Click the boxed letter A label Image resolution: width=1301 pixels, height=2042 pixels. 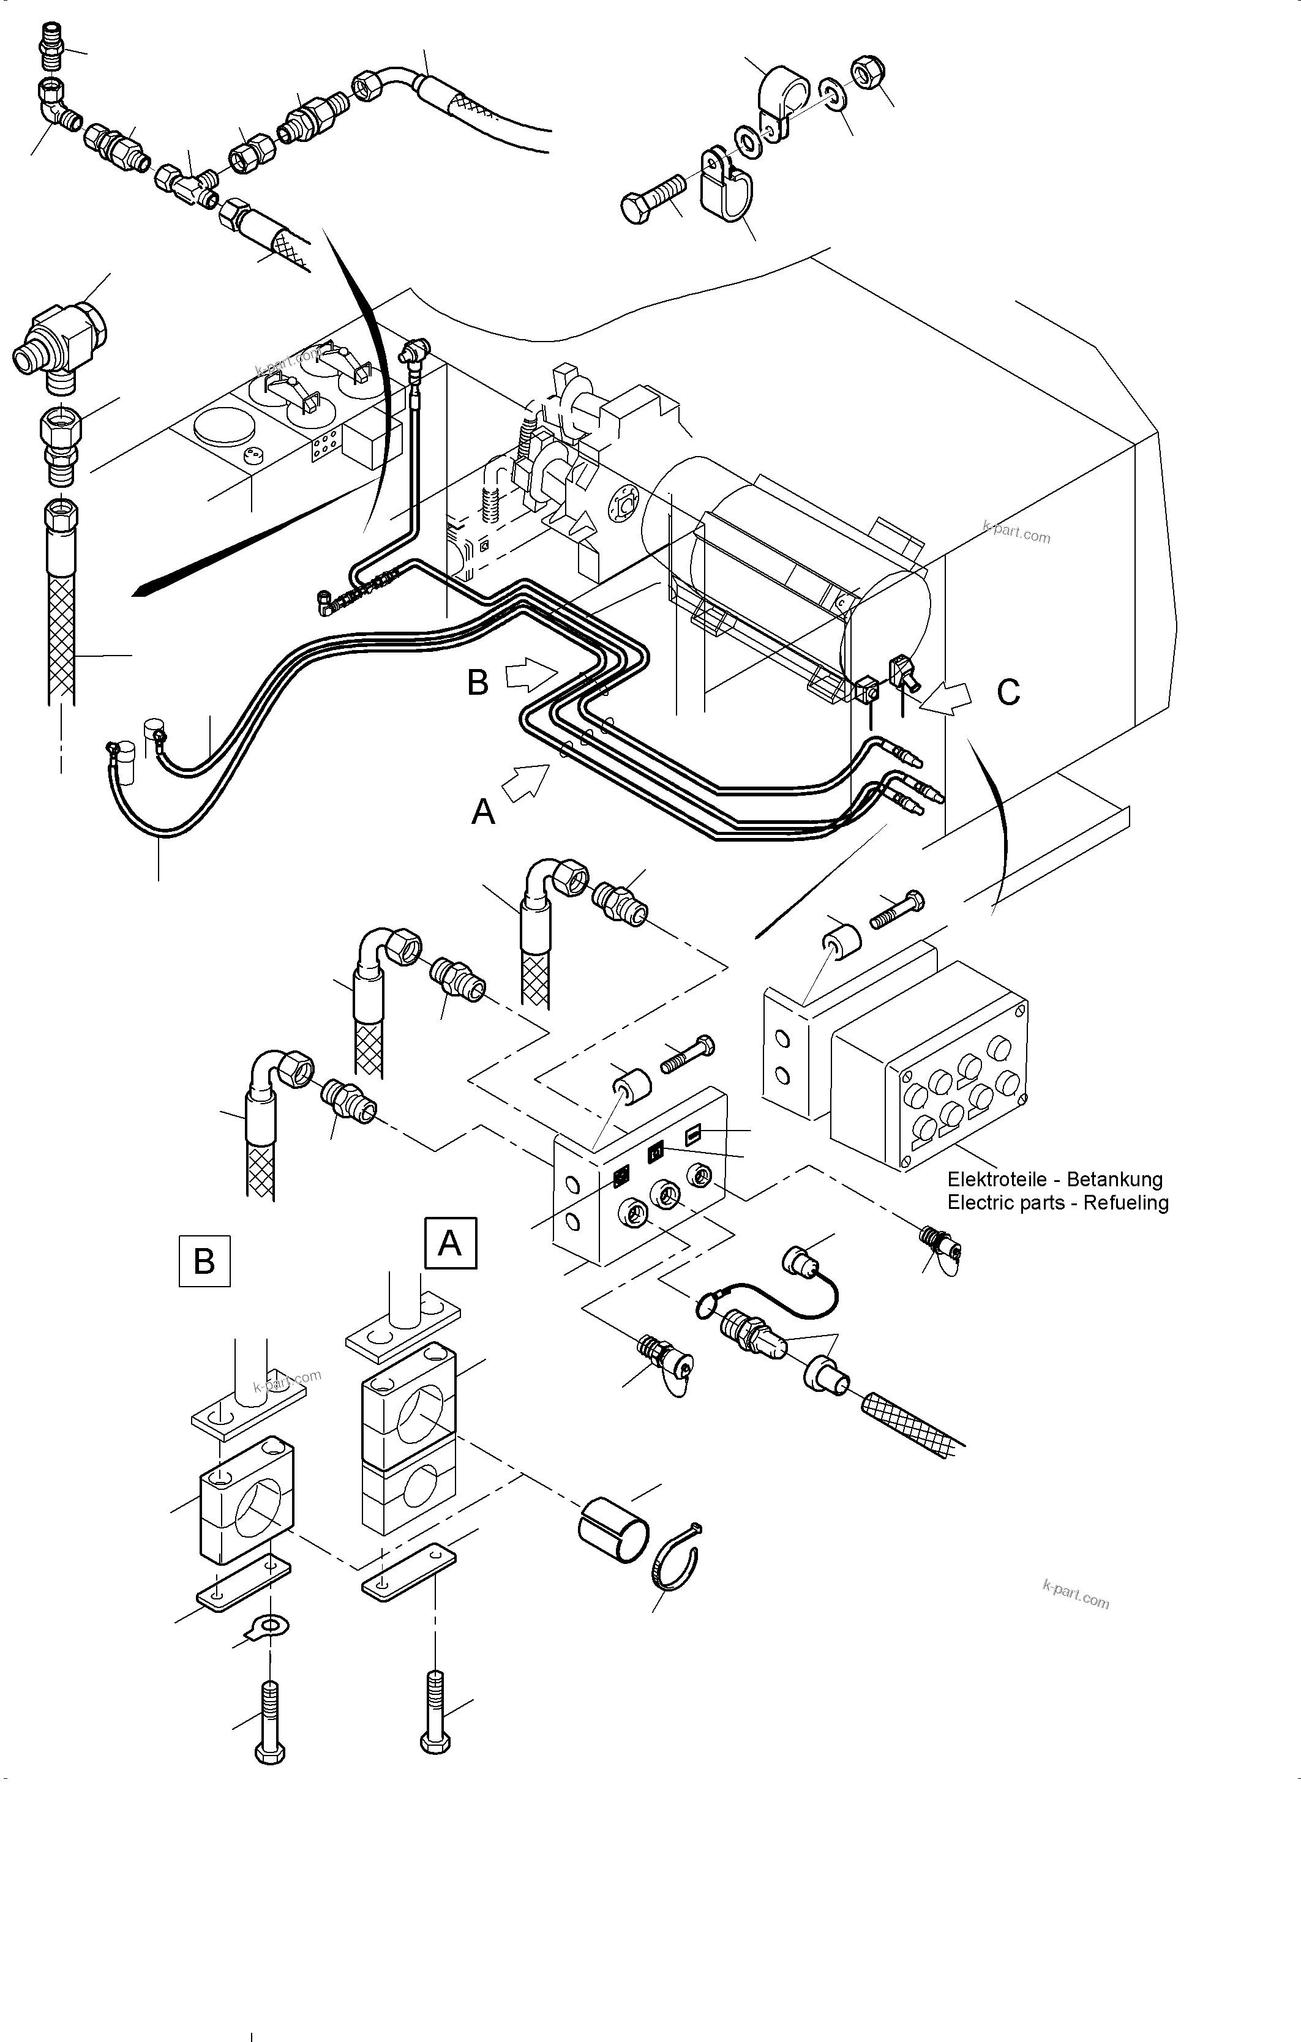449,1243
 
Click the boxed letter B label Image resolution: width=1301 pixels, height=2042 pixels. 204,1261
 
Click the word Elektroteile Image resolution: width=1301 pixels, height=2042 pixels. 1003,1180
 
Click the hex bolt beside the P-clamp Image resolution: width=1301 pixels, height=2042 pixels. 653,196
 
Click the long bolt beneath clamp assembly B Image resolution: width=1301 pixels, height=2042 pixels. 270,1721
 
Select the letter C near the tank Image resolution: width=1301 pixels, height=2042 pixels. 1008,693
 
